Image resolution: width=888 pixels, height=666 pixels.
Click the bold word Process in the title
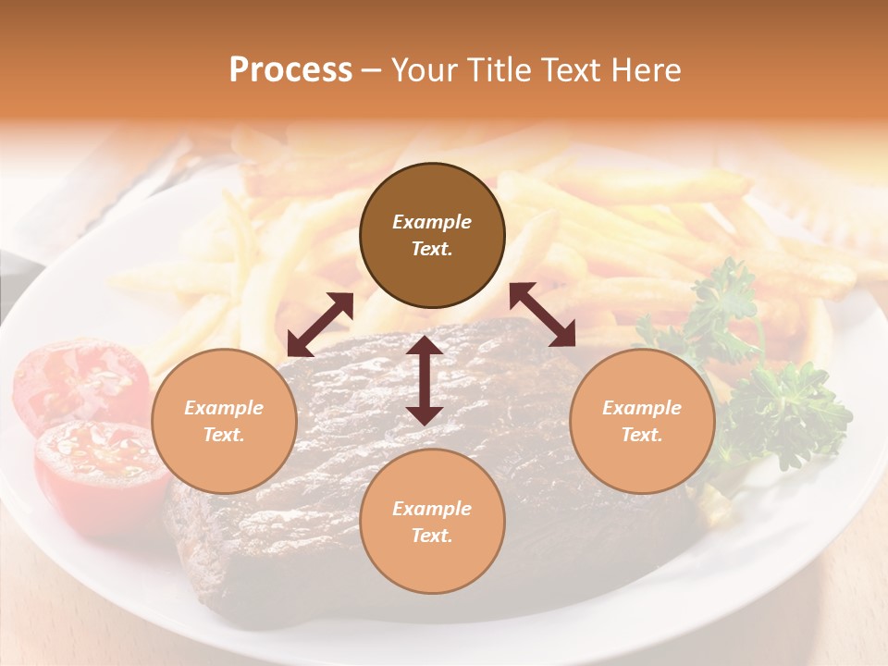(x=290, y=70)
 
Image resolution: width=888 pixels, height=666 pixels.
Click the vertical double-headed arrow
(x=424, y=380)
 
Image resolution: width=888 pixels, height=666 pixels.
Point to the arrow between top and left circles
(x=320, y=325)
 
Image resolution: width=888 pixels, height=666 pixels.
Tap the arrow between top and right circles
(x=542, y=314)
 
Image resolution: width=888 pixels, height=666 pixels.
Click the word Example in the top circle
(x=432, y=222)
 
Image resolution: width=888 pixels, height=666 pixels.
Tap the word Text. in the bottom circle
(x=432, y=536)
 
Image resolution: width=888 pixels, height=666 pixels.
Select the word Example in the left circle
(x=224, y=408)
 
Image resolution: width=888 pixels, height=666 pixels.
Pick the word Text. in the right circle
(x=642, y=435)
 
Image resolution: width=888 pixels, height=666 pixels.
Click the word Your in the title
(x=422, y=70)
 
